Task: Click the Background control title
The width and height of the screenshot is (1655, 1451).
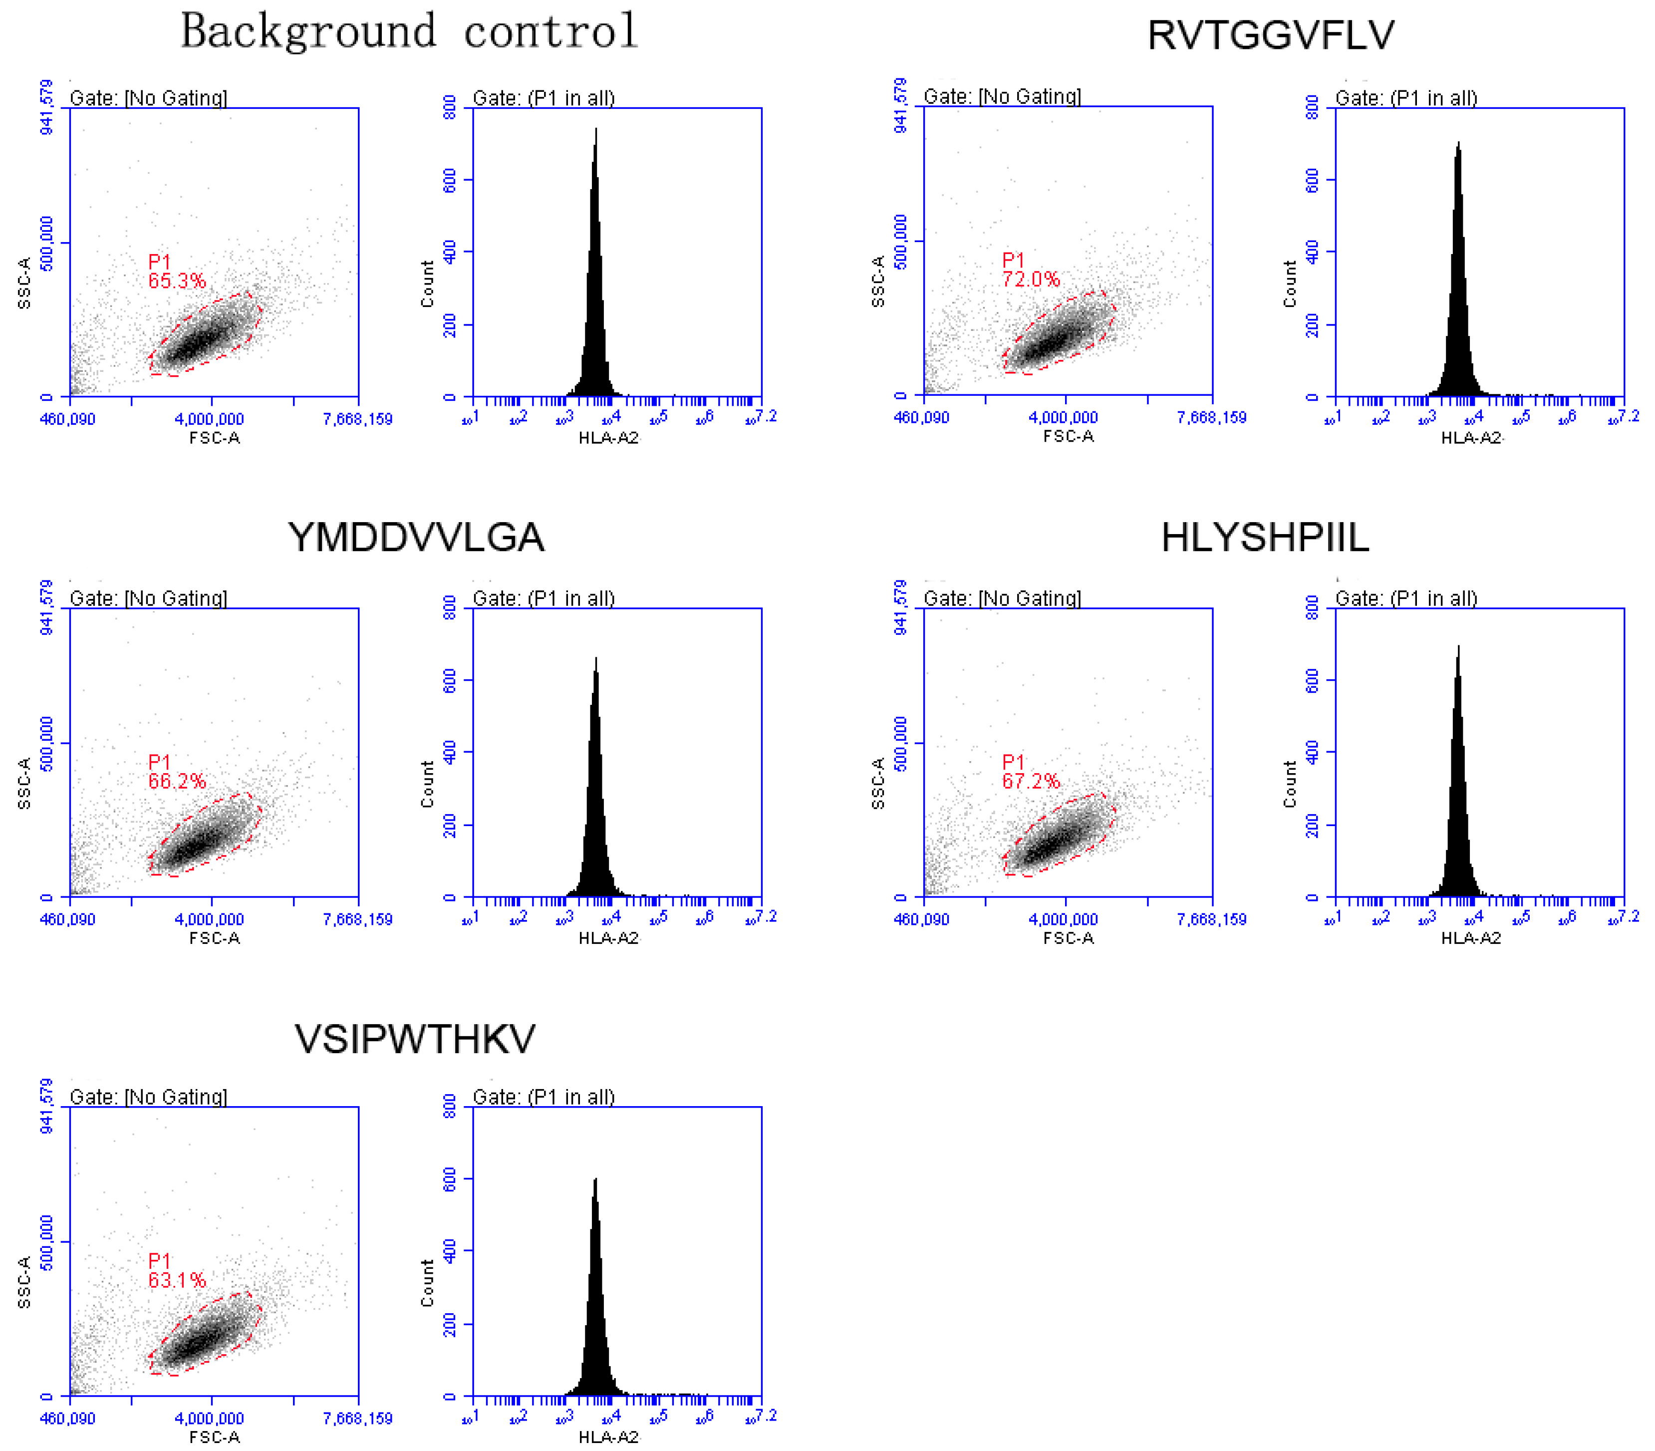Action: [x=409, y=32]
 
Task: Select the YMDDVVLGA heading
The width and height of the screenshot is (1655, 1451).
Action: [x=415, y=538]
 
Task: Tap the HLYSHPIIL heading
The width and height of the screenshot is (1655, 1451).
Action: [x=1265, y=538]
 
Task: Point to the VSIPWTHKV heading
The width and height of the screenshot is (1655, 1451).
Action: [x=415, y=1039]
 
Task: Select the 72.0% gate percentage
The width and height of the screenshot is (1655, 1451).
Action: [x=1030, y=280]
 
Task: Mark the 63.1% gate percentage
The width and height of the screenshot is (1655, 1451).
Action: [x=177, y=1281]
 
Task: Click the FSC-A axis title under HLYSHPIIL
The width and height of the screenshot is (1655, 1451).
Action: [x=1068, y=938]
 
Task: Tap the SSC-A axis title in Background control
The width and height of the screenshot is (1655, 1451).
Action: [x=24, y=284]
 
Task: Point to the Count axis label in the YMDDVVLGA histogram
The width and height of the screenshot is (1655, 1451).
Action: [x=428, y=784]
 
